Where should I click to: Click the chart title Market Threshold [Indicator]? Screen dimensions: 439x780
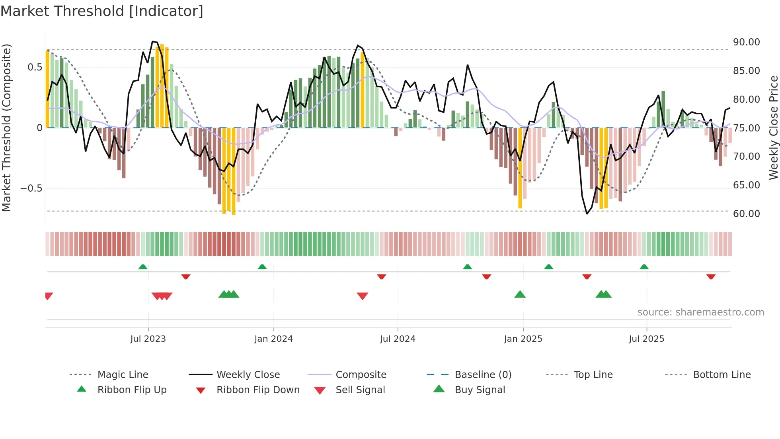coord(102,11)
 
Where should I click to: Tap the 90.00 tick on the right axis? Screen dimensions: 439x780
coord(746,42)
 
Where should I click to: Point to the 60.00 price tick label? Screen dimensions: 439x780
coord(746,214)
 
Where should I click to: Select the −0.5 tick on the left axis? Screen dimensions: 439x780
coord(31,188)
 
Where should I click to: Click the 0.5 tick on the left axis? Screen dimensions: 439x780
coord(35,67)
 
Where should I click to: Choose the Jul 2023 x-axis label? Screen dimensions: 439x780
coord(148,339)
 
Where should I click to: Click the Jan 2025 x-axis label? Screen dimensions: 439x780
coord(523,339)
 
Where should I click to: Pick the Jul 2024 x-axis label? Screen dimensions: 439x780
coord(398,339)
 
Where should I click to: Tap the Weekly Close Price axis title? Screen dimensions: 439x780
coord(773,127)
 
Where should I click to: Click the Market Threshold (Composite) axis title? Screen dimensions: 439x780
coord(6,127)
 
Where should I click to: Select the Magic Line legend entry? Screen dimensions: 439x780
coord(123,375)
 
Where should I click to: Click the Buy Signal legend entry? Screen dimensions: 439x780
coord(480,390)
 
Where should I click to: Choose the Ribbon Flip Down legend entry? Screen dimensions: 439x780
coord(257,390)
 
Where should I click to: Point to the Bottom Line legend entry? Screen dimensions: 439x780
coord(721,375)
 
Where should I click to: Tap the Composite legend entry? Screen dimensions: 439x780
coord(361,375)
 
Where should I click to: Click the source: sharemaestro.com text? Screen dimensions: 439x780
coord(700,312)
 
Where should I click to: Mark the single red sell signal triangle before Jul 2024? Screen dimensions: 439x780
coord(362,296)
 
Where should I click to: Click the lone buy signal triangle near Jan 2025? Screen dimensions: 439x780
coord(520,294)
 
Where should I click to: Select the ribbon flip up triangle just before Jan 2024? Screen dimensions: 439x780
coord(262,267)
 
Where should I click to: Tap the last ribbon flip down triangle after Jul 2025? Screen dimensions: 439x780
coord(711,276)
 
